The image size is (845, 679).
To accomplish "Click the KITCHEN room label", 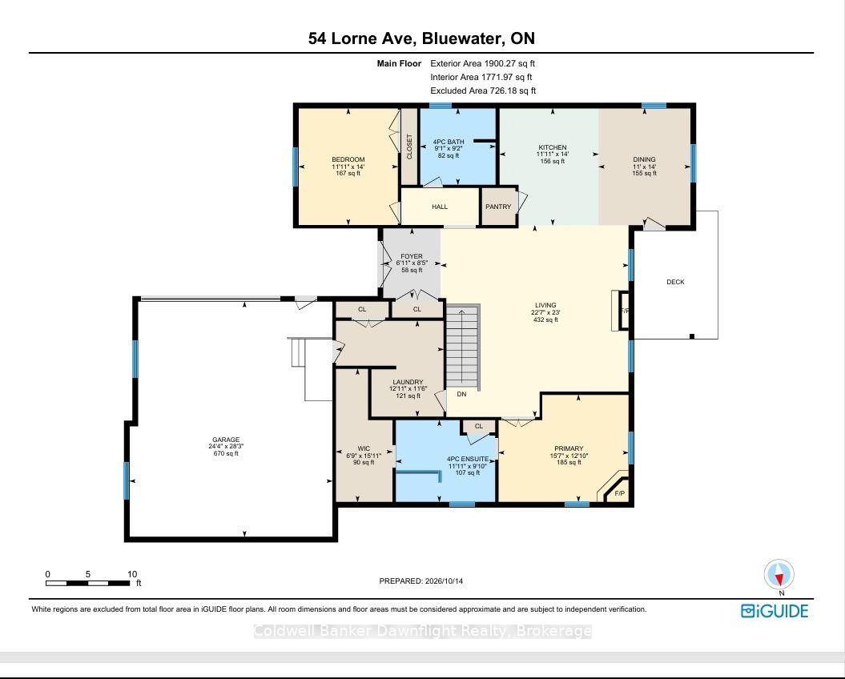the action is pos(553,147).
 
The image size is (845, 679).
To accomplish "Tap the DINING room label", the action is pos(644,159).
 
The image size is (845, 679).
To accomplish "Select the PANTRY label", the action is pos(498,207).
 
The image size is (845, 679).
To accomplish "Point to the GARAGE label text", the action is pos(226,440).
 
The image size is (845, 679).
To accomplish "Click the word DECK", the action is pos(675,282).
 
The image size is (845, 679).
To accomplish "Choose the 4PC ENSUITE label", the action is pos(468,459).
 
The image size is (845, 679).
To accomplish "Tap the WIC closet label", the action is pos(364,448).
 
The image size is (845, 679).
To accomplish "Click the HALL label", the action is pos(440,207).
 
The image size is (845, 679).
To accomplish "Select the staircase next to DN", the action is pos(463,347).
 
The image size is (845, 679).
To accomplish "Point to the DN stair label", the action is pos(461,394).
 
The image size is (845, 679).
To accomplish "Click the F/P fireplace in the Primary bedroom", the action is pos(619,494).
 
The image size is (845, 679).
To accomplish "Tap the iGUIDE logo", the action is pos(775,611).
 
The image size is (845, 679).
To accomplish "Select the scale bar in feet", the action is pos(88,583).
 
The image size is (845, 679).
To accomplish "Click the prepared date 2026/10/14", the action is pos(444,581).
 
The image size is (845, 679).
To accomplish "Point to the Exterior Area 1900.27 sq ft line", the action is pos(482,63).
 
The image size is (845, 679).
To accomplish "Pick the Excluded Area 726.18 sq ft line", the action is pos(483,90).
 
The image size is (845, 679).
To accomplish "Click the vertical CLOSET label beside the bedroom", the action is pos(409,147).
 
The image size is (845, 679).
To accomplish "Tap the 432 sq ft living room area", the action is pos(545,319).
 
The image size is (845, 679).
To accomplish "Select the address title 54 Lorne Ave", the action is pos(360,38).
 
